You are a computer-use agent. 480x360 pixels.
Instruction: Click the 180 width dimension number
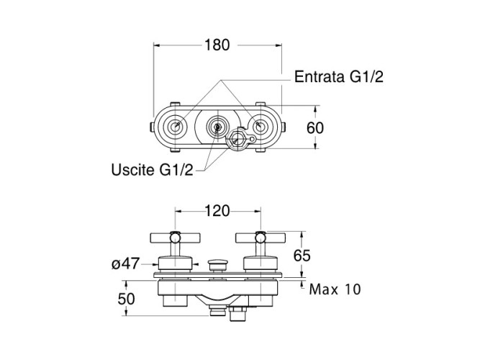click(x=217, y=45)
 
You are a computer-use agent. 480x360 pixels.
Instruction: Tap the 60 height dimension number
click(x=315, y=127)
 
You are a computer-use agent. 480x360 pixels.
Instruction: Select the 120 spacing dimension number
click(x=217, y=211)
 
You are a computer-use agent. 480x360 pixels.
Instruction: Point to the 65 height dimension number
click(x=302, y=255)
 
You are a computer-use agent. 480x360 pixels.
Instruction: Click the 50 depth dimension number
click(x=126, y=299)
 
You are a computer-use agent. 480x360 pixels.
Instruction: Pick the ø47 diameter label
click(x=125, y=264)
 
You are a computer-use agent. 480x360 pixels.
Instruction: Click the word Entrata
click(x=320, y=76)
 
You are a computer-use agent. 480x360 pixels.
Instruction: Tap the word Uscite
click(x=133, y=169)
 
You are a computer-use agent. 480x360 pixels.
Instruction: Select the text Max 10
click(x=335, y=289)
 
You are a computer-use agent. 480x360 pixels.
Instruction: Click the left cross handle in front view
click(x=175, y=238)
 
